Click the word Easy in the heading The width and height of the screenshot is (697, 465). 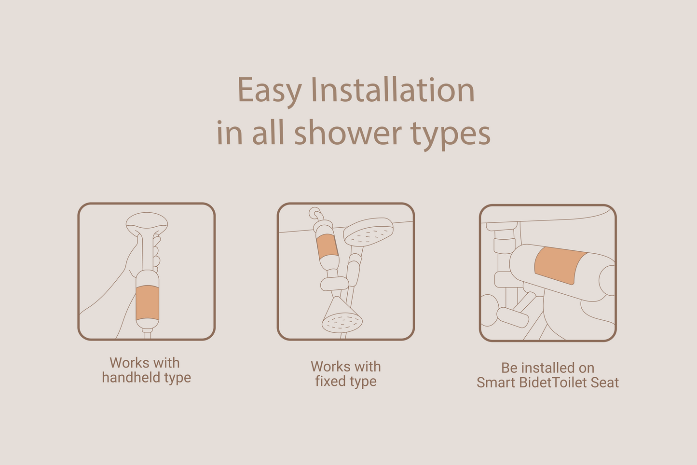(x=270, y=91)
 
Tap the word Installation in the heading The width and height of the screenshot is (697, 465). (x=393, y=90)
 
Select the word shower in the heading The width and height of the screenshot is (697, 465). (x=348, y=133)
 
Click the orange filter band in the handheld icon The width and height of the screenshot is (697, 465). (x=148, y=303)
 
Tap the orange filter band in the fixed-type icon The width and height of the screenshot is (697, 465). (x=327, y=246)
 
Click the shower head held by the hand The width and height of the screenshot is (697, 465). (x=147, y=223)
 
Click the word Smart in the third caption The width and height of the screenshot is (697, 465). (x=496, y=383)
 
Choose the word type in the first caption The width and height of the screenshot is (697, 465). (x=178, y=378)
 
